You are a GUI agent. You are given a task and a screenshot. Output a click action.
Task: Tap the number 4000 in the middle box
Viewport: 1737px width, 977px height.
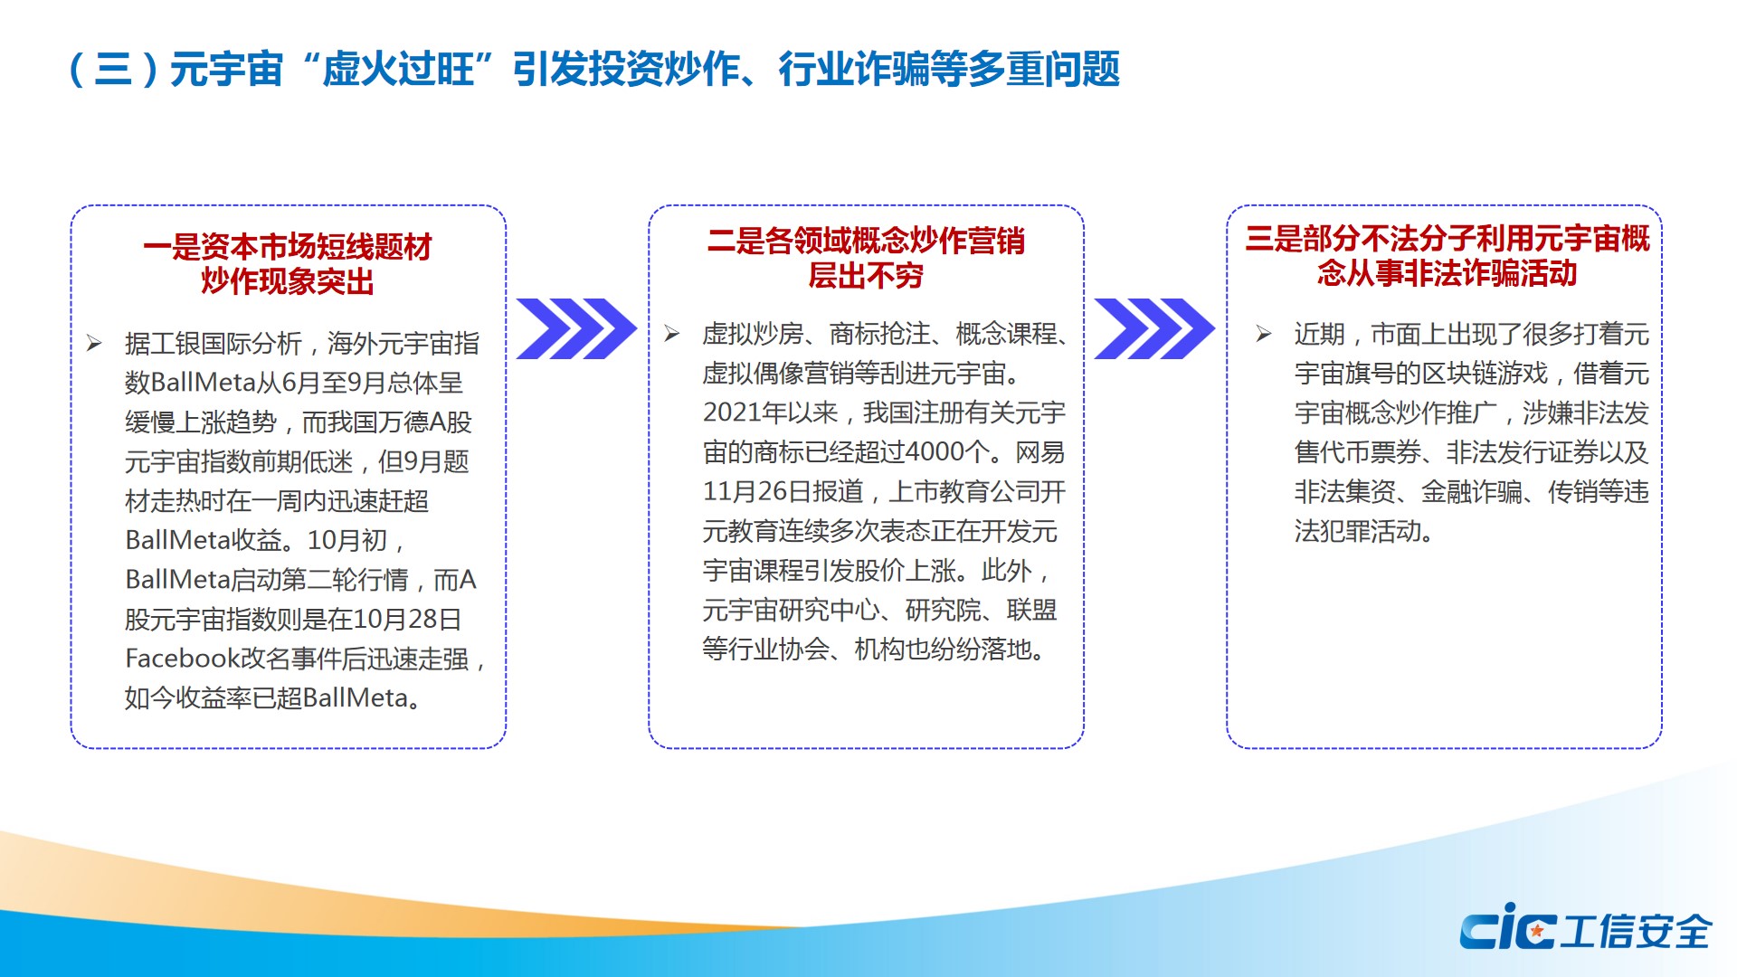click(935, 451)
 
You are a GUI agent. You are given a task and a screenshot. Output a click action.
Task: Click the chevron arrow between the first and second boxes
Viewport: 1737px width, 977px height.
click(576, 328)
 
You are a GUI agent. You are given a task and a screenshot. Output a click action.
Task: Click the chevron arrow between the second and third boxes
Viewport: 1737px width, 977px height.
click(1154, 328)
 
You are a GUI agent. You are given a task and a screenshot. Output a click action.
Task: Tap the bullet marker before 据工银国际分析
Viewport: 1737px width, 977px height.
click(94, 343)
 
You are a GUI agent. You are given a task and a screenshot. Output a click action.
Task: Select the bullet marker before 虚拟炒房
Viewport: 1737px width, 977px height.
click(671, 334)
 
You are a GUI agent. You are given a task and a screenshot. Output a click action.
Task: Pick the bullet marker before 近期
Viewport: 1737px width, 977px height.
click(1264, 334)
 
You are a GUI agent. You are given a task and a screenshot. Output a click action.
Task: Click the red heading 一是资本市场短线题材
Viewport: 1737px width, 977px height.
click(288, 246)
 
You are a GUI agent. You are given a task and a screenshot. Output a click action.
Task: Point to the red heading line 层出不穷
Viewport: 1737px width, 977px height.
click(866, 275)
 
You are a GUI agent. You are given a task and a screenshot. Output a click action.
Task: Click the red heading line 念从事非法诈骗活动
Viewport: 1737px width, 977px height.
click(1447, 272)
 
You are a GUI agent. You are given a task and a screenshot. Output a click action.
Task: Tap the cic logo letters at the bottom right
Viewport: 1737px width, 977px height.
click(1507, 927)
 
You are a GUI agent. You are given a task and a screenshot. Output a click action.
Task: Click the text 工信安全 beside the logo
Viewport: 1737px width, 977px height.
click(1636, 931)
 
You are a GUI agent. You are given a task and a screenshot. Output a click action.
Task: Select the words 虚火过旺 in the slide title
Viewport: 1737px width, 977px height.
click(398, 69)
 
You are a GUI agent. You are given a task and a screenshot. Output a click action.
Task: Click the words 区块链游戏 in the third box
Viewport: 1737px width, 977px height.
click(1485, 373)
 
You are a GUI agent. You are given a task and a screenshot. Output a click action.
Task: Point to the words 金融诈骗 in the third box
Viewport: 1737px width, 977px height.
click(1472, 491)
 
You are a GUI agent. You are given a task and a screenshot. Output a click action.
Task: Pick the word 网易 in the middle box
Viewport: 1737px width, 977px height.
click(1040, 451)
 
